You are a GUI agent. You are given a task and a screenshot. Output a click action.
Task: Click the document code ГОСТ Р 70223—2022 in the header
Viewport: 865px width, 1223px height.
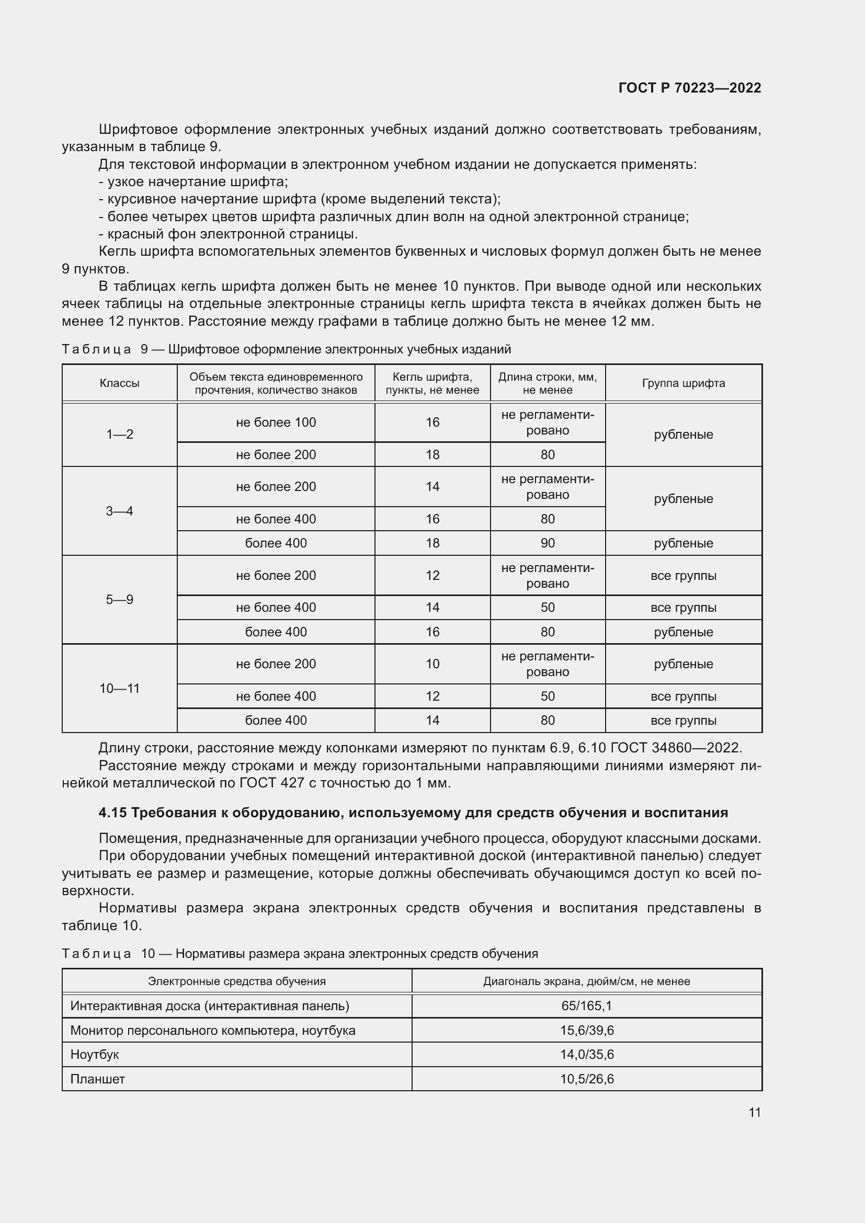click(x=690, y=88)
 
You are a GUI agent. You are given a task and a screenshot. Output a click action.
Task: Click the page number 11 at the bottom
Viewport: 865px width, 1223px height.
click(x=754, y=1112)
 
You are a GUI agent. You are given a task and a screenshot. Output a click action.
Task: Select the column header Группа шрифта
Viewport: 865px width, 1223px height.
click(x=684, y=383)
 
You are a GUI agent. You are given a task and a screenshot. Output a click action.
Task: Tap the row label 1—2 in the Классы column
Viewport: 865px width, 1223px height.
click(x=119, y=435)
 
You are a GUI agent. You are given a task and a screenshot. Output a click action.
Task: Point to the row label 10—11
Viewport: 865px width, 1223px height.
click(x=119, y=688)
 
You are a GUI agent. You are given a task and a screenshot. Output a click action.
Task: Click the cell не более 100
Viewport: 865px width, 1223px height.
click(x=276, y=422)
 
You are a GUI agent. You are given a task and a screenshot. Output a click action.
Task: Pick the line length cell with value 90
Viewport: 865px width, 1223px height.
click(x=548, y=543)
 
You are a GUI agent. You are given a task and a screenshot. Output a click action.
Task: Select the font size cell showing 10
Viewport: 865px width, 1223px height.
click(x=432, y=664)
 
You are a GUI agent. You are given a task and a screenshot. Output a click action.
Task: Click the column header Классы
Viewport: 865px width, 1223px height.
click(x=119, y=383)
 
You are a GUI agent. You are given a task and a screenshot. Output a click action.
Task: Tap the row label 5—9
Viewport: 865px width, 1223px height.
click(x=119, y=600)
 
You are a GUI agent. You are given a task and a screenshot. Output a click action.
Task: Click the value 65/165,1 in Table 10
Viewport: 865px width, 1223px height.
click(x=586, y=1005)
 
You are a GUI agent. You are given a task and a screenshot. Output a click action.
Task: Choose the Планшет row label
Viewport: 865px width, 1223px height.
click(x=97, y=1079)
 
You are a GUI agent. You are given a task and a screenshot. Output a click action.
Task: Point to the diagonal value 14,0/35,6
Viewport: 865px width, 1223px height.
click(x=586, y=1055)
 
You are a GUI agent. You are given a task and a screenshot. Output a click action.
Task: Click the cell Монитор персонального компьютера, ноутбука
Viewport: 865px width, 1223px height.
click(x=212, y=1030)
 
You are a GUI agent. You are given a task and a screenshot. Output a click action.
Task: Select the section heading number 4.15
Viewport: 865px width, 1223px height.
click(x=112, y=813)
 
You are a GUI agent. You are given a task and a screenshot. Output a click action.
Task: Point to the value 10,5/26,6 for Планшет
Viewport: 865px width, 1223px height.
click(x=586, y=1079)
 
